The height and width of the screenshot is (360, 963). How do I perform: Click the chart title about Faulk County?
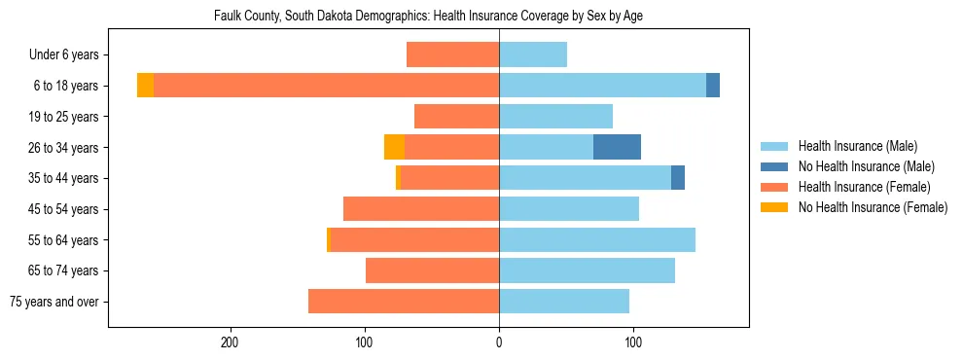pyautogui.click(x=428, y=17)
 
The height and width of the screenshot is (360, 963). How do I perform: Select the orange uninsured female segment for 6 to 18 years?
pyautogui.click(x=145, y=86)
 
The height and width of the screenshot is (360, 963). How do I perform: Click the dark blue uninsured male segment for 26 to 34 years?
pyautogui.click(x=617, y=147)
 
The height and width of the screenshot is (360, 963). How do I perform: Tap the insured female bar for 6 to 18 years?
pyautogui.click(x=326, y=86)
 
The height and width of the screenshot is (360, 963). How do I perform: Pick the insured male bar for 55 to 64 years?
pyautogui.click(x=597, y=239)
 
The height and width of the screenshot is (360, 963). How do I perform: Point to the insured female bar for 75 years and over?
pyautogui.click(x=404, y=302)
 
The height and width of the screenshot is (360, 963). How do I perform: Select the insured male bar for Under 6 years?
pyautogui.click(x=533, y=54)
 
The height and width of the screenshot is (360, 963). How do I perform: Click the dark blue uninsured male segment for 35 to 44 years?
pyautogui.click(x=678, y=178)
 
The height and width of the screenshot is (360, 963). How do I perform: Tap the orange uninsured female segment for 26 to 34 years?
pyautogui.click(x=394, y=147)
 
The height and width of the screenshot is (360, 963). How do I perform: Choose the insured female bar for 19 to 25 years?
pyautogui.click(x=456, y=117)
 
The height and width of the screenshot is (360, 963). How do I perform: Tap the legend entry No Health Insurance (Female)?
pyautogui.click(x=873, y=207)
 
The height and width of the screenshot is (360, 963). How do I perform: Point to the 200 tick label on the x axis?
pyautogui.click(x=231, y=342)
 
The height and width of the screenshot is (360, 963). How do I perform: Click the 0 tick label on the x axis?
pyautogui.click(x=499, y=342)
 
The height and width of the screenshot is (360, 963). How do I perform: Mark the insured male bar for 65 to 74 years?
pyautogui.click(x=587, y=270)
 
